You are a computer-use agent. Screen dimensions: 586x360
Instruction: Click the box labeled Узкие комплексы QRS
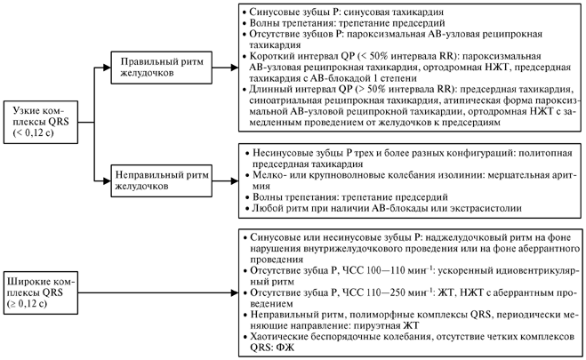[41, 122]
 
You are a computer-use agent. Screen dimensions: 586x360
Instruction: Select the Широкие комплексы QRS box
[41, 292]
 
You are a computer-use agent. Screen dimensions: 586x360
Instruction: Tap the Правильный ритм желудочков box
[162, 68]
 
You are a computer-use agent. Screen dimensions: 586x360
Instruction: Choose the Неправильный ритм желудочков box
[162, 181]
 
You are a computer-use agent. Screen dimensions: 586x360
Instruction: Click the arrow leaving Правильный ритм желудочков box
[225, 68]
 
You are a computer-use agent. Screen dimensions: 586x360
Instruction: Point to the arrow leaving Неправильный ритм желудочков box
[225, 181]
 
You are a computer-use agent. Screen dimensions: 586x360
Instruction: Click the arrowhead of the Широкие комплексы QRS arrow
[235, 292]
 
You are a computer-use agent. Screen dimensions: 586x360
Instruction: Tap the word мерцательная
[518, 175]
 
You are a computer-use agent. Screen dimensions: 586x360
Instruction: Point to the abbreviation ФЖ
[287, 348]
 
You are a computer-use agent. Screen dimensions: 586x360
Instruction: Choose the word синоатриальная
[285, 100]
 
